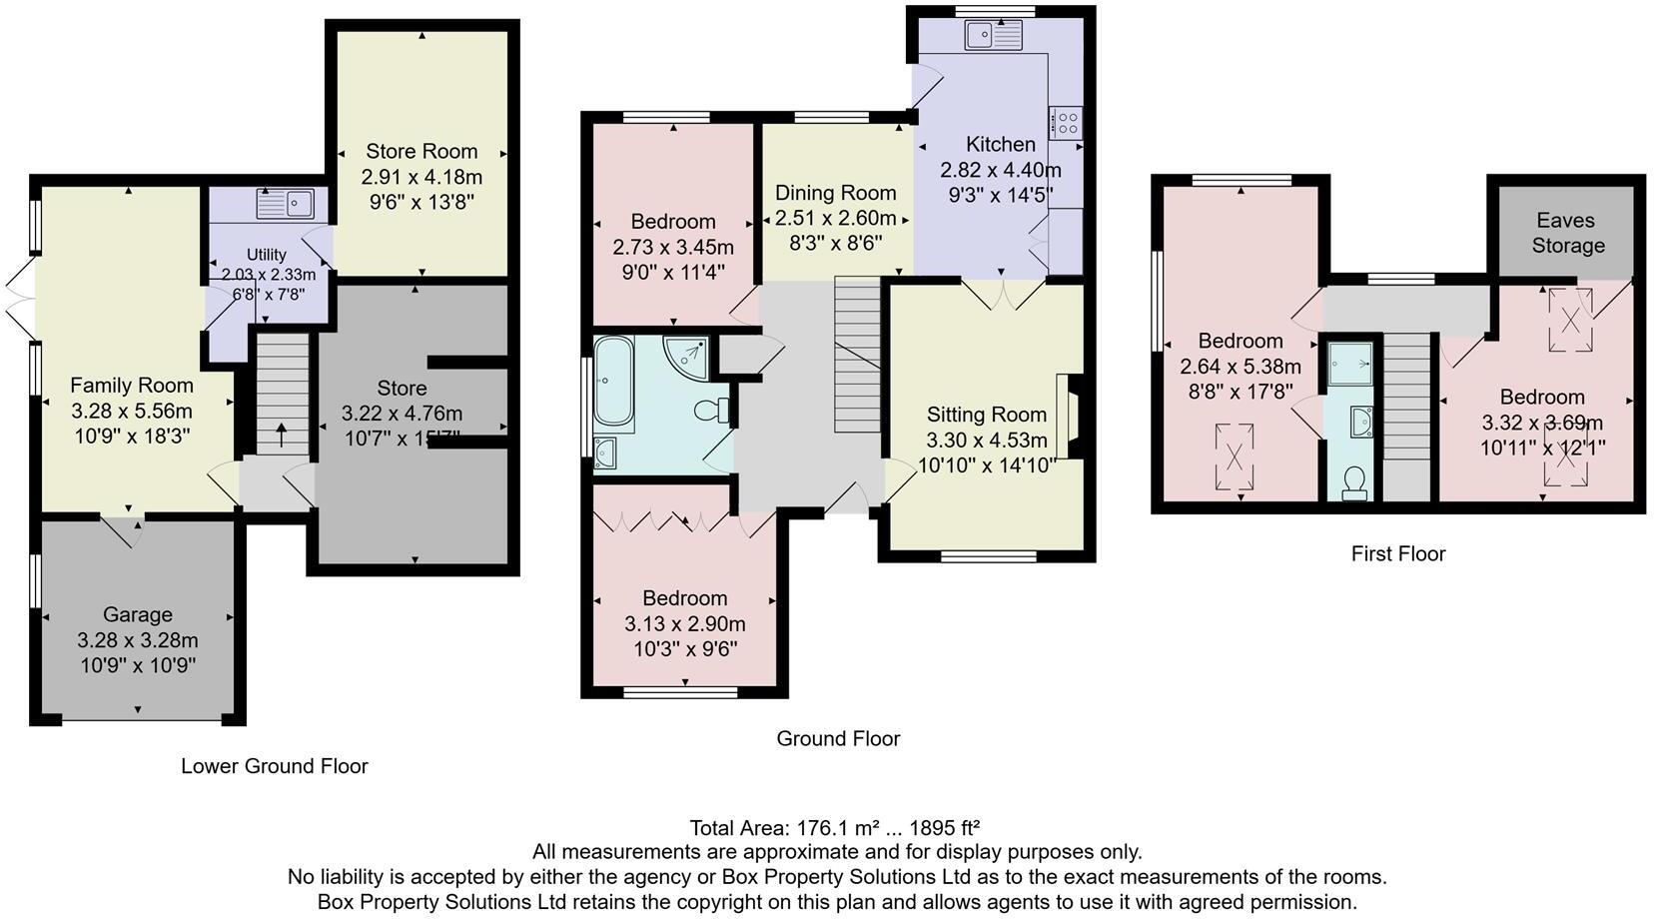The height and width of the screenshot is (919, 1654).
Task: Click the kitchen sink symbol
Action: click(993, 37)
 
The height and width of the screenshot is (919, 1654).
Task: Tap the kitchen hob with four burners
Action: click(1066, 123)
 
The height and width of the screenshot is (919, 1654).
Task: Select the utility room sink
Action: click(285, 204)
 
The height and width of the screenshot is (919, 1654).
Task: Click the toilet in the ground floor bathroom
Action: click(711, 410)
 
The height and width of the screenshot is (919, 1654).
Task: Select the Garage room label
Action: click(138, 614)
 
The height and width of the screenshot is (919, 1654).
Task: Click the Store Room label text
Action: click(421, 151)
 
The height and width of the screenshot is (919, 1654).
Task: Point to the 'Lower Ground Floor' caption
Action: click(275, 766)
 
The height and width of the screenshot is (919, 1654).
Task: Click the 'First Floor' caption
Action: click(1397, 553)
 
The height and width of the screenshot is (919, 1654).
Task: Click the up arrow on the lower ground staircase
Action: click(281, 435)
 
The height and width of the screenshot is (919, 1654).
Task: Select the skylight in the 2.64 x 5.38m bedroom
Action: click(1235, 457)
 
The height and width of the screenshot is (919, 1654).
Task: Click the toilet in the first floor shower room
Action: click(1354, 483)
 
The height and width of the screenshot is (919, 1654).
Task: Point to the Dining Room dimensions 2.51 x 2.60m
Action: click(836, 218)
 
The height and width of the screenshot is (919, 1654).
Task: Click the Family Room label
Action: click(132, 385)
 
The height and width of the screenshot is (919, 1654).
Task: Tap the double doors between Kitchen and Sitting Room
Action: click(1002, 292)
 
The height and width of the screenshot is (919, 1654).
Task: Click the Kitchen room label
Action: click(1000, 144)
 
